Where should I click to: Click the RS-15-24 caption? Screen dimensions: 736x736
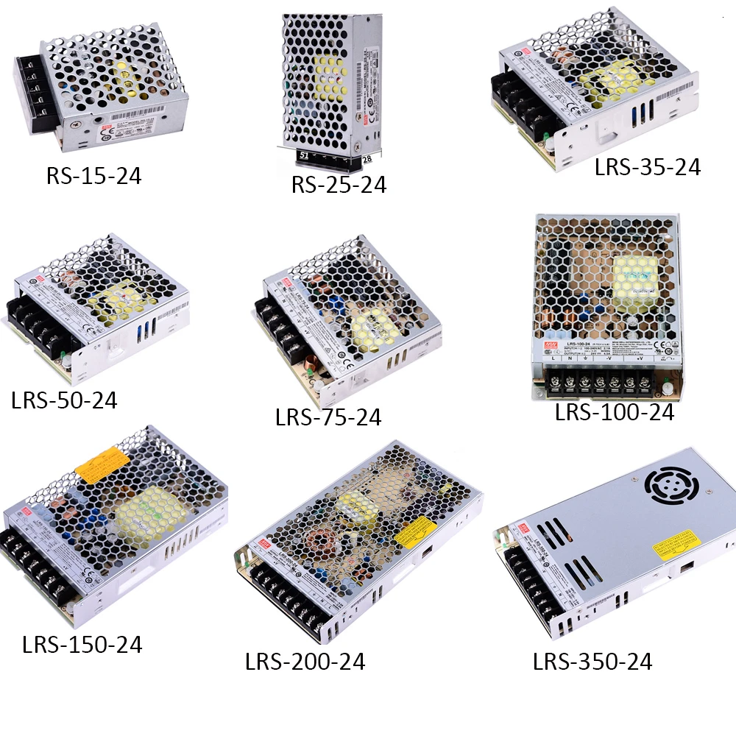(93, 177)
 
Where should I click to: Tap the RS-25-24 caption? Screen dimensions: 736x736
(339, 184)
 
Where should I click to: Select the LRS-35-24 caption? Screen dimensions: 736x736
(648, 168)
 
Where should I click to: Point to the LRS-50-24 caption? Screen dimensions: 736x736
(64, 400)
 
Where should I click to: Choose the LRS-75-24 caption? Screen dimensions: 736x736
(328, 417)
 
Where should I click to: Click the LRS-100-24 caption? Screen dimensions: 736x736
(615, 412)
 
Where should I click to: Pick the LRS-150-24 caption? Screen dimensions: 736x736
(82, 645)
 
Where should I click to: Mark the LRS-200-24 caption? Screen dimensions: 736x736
(305, 662)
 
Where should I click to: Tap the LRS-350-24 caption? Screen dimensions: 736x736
(592, 662)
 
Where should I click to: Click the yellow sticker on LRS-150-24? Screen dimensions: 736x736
(99, 466)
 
